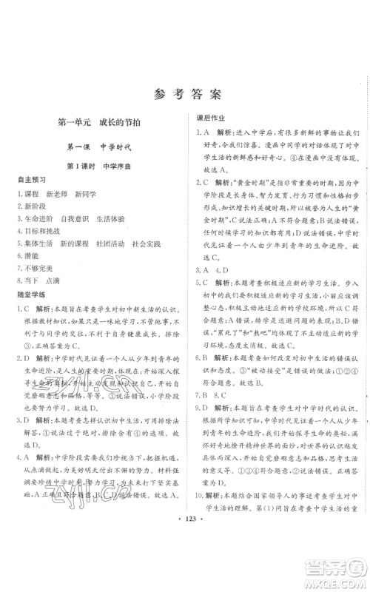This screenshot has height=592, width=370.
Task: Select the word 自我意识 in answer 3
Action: coord(75,223)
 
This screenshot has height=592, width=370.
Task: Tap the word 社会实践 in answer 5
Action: coord(152,238)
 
